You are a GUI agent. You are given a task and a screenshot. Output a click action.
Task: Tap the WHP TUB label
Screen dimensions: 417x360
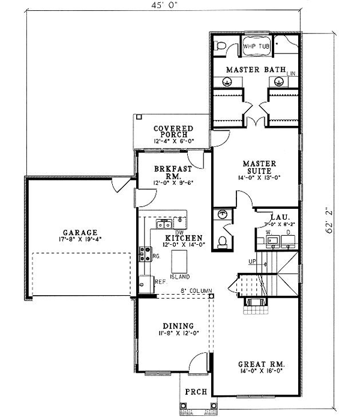[x=256, y=46]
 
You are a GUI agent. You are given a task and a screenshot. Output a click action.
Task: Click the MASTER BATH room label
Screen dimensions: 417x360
[x=256, y=70]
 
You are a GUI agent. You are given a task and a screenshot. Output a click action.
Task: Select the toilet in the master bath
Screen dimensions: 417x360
[x=221, y=45]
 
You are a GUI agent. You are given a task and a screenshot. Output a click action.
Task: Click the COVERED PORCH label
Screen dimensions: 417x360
[x=173, y=131]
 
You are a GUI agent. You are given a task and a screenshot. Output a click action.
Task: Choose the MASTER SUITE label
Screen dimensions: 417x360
[x=259, y=167]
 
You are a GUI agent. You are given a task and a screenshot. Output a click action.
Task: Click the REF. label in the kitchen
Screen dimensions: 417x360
[x=160, y=281]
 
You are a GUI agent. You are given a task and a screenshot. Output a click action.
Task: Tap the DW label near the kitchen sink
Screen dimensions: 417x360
[x=178, y=232]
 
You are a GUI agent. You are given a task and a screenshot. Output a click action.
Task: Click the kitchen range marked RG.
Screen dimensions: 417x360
[x=144, y=255]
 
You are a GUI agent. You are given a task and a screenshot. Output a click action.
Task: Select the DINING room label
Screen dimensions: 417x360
[x=173, y=326]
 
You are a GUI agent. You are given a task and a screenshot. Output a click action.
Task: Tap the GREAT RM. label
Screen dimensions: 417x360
[x=261, y=364]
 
